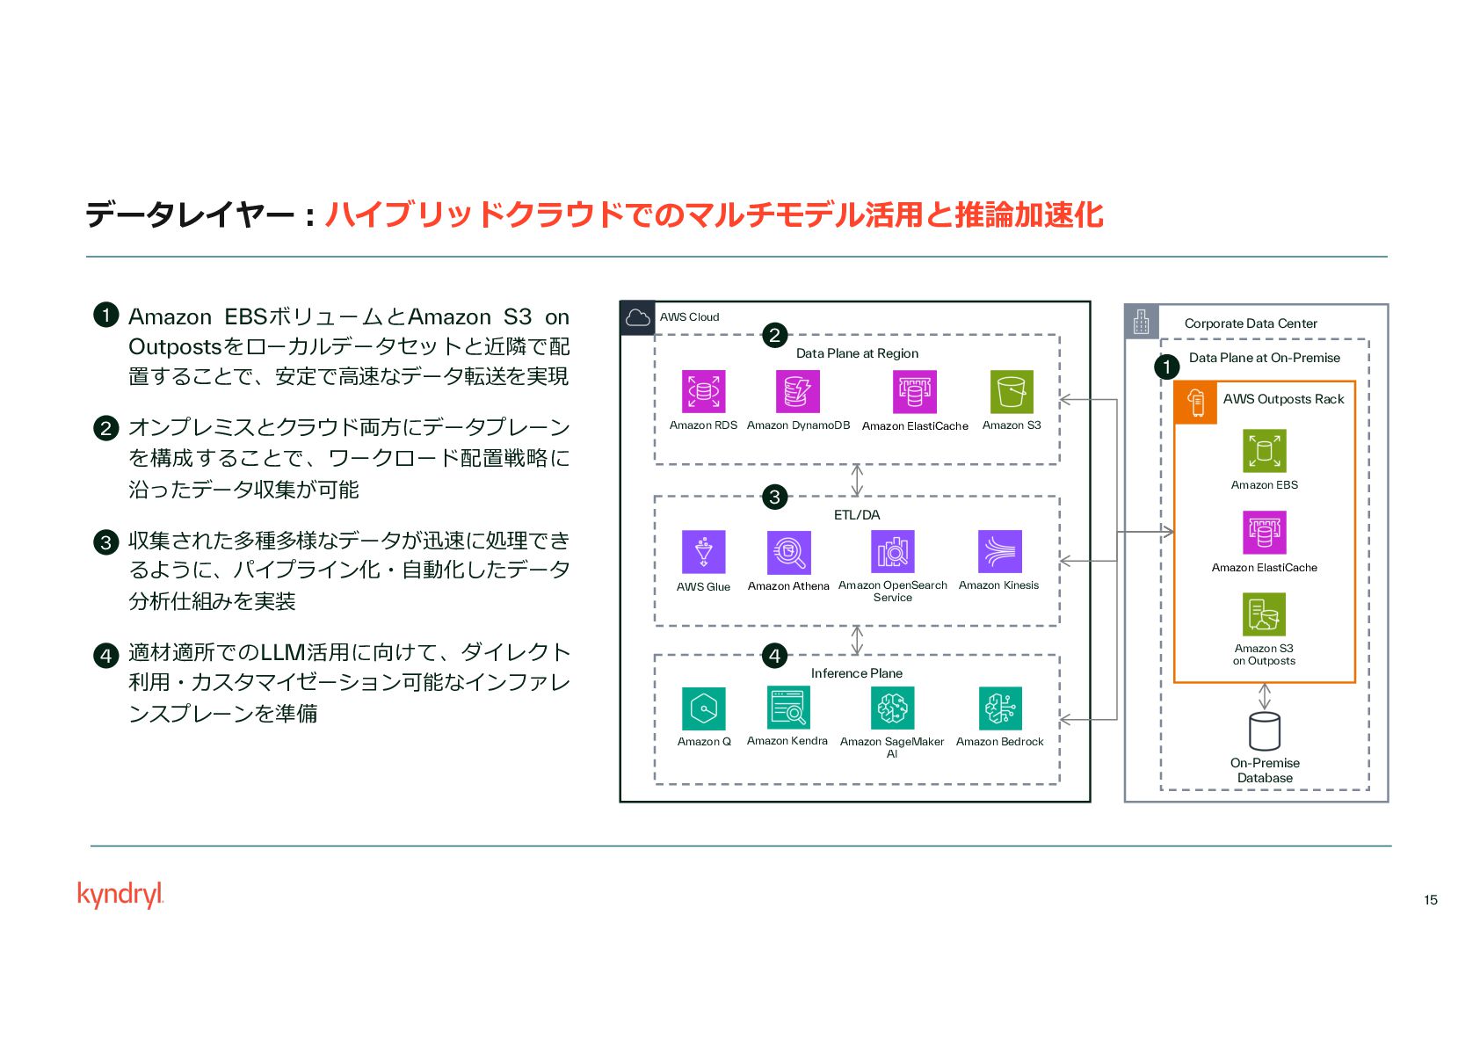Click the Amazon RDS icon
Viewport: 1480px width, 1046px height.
pyautogui.click(x=703, y=391)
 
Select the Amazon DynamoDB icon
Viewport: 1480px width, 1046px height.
pyautogui.click(x=797, y=391)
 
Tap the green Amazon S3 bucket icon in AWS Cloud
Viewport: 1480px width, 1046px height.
pyautogui.click(x=1011, y=391)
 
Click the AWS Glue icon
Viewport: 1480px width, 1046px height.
pyautogui.click(x=703, y=552)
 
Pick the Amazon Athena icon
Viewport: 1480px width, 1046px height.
pyautogui.click(x=788, y=552)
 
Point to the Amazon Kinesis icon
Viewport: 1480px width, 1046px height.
pyautogui.click(x=999, y=552)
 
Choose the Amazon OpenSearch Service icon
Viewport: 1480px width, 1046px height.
pyautogui.click(x=892, y=552)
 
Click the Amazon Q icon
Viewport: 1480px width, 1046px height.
pyautogui.click(x=703, y=708)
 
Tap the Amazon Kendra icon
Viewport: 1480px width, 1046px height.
pyautogui.click(x=787, y=708)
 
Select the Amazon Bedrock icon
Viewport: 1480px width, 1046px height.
pyautogui.click(x=999, y=708)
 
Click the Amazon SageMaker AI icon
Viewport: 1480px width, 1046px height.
pyautogui.click(x=892, y=708)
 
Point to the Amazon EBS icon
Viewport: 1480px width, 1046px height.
pyautogui.click(x=1264, y=451)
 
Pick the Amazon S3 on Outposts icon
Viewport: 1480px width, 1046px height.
pyautogui.click(x=1264, y=614)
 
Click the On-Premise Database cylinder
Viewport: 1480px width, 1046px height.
pyautogui.click(x=1264, y=731)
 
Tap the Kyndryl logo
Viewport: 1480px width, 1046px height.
pyautogui.click(x=120, y=895)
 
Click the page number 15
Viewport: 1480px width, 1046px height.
pyautogui.click(x=1430, y=899)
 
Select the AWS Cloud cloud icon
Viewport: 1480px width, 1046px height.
pyautogui.click(x=637, y=317)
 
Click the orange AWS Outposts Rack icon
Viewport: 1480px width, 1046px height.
pyautogui.click(x=1195, y=403)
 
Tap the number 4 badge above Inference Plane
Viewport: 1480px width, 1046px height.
pyautogui.click(x=774, y=655)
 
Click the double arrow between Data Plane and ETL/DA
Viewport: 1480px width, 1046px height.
pyautogui.click(x=857, y=480)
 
